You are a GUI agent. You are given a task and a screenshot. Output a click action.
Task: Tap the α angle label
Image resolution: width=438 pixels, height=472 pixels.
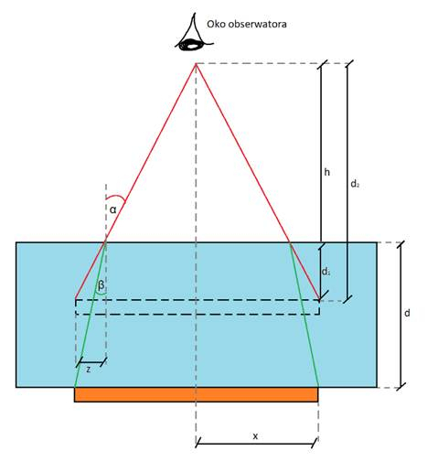tap(113, 209)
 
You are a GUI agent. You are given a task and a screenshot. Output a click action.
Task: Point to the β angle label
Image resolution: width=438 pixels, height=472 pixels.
tap(101, 285)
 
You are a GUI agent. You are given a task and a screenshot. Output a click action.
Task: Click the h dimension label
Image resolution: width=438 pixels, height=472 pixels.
tap(327, 172)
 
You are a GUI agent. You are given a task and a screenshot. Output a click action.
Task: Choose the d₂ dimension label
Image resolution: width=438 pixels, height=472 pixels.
tap(355, 184)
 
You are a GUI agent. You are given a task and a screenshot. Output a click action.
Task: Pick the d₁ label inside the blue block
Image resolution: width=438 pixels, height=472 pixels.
tap(326, 272)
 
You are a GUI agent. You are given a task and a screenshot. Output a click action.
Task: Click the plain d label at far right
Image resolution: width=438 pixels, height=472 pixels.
tap(407, 313)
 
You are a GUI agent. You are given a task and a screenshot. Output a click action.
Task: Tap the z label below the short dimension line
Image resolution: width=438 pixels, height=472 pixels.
tap(89, 370)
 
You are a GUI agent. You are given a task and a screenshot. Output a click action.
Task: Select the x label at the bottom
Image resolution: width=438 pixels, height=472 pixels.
tap(255, 436)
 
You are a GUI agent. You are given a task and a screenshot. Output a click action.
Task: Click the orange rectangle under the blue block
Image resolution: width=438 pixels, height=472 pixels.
tap(197, 394)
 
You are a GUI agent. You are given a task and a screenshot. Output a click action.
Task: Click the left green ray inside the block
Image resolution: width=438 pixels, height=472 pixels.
tap(91, 315)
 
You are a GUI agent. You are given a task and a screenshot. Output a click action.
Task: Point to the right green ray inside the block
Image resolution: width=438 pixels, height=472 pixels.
tap(304, 315)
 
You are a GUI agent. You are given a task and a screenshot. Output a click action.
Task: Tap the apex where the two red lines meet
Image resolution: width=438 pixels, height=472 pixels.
tap(196, 63)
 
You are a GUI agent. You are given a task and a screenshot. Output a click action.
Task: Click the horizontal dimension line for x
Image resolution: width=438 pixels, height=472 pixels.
tap(257, 444)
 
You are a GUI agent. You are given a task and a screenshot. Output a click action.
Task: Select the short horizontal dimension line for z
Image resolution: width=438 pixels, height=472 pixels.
tap(91, 362)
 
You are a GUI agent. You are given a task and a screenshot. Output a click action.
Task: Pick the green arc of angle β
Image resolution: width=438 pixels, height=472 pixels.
tap(101, 294)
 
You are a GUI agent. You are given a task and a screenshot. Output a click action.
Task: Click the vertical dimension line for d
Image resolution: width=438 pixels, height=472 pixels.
tap(401, 315)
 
